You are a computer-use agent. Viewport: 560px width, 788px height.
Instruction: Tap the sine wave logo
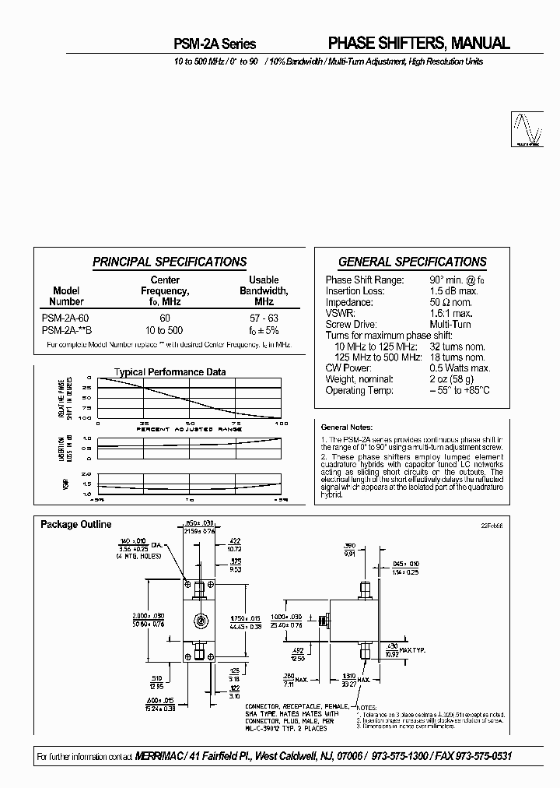click(526, 128)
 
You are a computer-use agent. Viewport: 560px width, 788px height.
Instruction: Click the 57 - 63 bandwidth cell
click(264, 318)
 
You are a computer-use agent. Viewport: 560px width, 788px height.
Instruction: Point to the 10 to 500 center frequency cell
click(164, 330)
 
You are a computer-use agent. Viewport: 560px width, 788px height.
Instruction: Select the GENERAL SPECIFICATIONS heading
click(412, 262)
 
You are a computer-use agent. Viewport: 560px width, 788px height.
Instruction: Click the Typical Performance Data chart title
click(170, 372)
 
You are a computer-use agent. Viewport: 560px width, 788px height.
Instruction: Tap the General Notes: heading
click(347, 427)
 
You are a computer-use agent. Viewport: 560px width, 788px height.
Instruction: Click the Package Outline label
click(75, 525)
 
